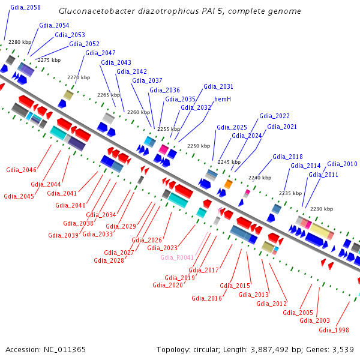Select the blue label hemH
coord(223,98)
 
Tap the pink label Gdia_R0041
coord(177,257)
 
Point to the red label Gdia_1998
coord(334,330)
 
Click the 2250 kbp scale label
coord(199,146)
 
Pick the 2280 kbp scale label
coord(20,43)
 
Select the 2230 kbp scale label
coord(321,209)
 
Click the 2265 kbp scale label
coord(109,95)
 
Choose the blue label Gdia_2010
coord(342,164)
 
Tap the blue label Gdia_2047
coord(100,53)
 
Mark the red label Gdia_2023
coord(162,248)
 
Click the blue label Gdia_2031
coord(218,86)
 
